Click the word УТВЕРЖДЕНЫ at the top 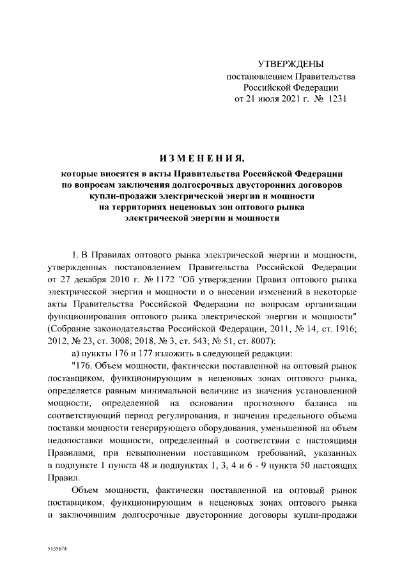291,65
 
